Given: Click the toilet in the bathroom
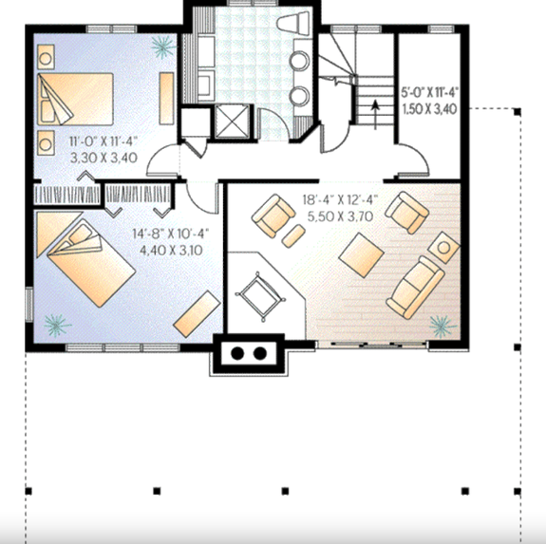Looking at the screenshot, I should [291, 27].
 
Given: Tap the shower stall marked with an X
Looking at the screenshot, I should [231, 122].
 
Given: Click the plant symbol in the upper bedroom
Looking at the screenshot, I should [163, 44].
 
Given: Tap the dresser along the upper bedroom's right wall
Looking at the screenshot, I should [165, 93].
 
